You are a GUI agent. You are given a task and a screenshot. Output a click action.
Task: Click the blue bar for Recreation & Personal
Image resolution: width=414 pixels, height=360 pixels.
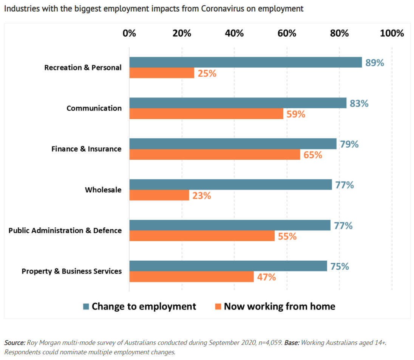246,62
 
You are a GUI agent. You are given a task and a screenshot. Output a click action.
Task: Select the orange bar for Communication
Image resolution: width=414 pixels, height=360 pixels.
206,114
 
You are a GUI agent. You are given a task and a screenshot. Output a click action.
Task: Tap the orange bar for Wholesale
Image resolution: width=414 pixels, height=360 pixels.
159,195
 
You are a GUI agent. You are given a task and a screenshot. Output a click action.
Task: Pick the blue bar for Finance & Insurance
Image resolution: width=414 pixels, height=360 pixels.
233,144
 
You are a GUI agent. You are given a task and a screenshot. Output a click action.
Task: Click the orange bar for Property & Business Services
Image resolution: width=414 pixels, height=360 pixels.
192,277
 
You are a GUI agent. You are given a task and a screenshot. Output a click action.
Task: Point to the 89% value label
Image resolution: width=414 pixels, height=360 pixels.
375,63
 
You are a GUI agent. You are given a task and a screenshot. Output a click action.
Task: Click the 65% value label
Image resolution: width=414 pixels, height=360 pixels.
313,155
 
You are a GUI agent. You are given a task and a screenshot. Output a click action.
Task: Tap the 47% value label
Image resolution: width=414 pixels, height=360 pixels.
266,277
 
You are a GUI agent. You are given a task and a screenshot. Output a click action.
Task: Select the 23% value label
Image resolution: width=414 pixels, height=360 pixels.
201,196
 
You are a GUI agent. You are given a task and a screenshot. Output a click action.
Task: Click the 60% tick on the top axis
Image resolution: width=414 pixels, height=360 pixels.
287,33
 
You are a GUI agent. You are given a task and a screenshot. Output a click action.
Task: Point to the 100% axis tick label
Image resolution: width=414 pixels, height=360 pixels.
392,33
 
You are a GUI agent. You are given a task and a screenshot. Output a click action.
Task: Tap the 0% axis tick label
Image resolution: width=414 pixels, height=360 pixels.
129,33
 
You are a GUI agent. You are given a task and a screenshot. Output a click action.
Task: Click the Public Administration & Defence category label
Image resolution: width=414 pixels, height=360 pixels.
65,230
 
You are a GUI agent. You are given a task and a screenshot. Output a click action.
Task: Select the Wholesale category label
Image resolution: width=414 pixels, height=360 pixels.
103,190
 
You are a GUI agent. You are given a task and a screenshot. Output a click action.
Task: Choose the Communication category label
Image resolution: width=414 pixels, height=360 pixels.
94,108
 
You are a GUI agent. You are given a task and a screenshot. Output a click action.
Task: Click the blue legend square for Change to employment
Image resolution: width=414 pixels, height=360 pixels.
86,306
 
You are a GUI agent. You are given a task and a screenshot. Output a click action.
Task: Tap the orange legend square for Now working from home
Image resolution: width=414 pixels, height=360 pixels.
218,306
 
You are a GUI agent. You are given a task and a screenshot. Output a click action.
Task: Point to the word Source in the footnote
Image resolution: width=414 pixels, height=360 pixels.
14,343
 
